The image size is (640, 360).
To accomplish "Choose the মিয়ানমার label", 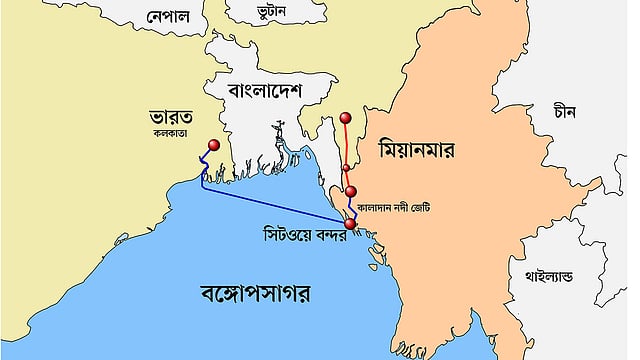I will pos(417,151).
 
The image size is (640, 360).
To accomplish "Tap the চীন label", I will pos(566,113).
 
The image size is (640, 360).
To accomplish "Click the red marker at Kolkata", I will pos(214,146).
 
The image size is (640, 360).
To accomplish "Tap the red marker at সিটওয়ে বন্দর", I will pos(349,224).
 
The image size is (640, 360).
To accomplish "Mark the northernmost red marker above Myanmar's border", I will pos(345,118).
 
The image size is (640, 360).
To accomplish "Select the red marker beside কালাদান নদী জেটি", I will pos(351,192).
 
